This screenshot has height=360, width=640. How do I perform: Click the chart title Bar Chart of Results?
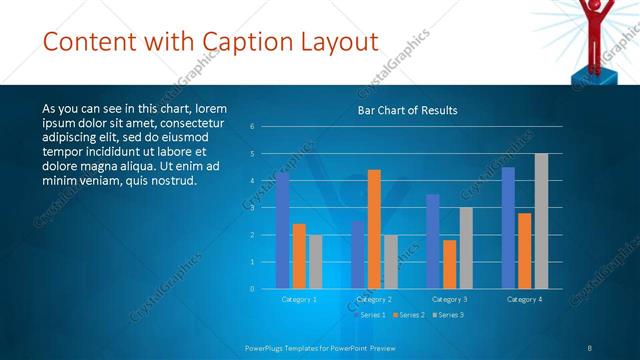pos(407,111)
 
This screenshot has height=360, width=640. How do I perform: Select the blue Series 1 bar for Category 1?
pos(282,230)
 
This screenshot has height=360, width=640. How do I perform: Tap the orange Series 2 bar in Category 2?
pos(374,229)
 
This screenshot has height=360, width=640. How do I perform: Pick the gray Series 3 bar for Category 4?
pos(541,221)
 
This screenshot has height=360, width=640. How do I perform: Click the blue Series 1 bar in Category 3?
pos(432,241)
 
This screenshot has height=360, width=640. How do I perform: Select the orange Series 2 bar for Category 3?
pos(449,264)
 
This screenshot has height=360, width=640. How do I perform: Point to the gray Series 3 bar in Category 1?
pos(315,262)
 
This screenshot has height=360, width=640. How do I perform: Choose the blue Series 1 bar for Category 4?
pos(508,228)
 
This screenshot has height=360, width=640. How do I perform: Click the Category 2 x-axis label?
pos(373,299)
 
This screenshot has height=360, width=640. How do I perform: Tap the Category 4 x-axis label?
pos(524,299)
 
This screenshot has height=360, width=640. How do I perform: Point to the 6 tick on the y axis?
pos(253,126)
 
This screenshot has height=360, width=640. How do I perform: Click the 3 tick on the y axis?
pos(253,207)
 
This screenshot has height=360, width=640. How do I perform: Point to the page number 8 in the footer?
pos(589,347)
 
